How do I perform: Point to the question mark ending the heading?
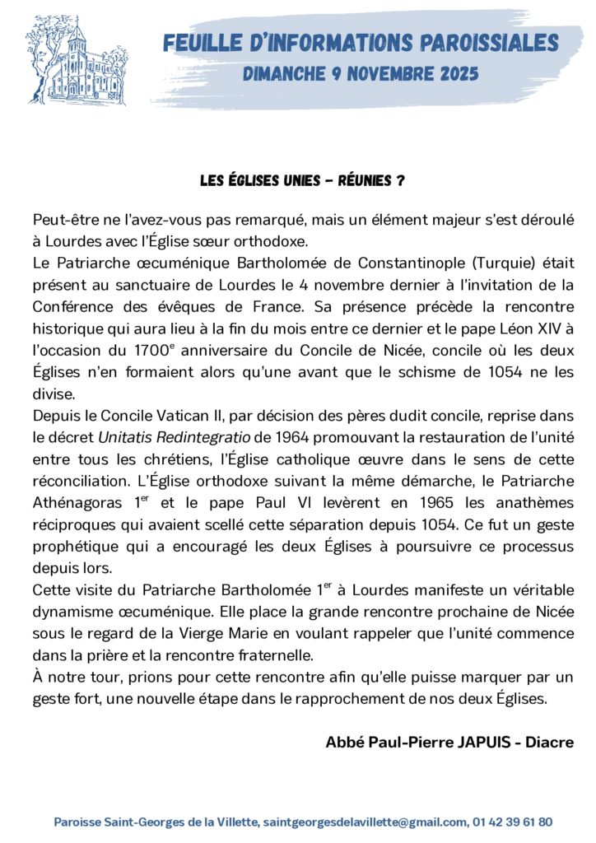(x=400, y=180)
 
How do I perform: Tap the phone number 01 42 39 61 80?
(x=513, y=822)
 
